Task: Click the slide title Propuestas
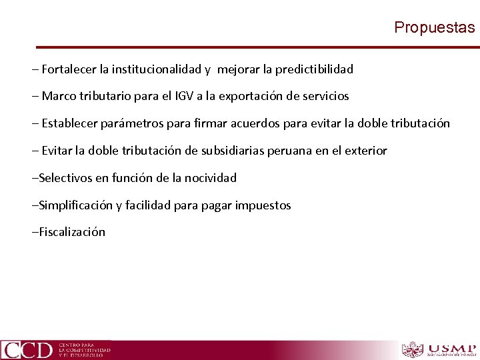coord(434,27)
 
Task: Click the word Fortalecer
coord(70,69)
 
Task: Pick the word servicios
coord(326,96)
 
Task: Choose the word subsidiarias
coord(232,151)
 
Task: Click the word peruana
coord(289,151)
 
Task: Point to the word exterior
coord(364,151)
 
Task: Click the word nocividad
coord(209,178)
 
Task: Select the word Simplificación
coord(75,205)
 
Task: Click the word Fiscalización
coord(72,233)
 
